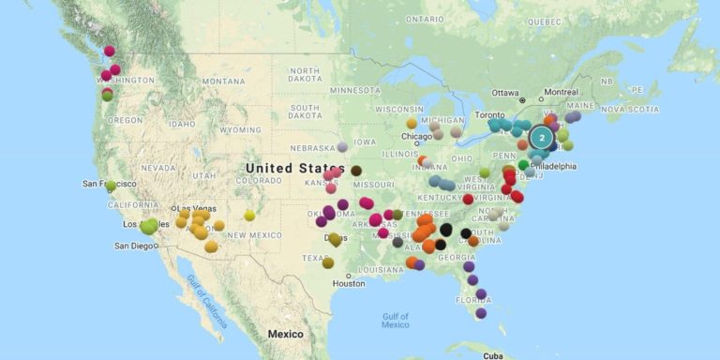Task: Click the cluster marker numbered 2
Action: pyautogui.click(x=541, y=138)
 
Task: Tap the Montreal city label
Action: pyautogui.click(x=561, y=92)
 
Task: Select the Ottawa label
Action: pyautogui.click(x=504, y=93)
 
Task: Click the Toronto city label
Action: pyautogui.click(x=485, y=115)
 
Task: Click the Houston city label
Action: pyautogui.click(x=348, y=283)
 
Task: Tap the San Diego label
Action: pyautogui.click(x=134, y=246)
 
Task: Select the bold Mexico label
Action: pyautogui.click(x=285, y=334)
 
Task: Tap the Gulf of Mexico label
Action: pyautogui.click(x=395, y=319)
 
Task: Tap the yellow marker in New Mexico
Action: pyautogui.click(x=249, y=215)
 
